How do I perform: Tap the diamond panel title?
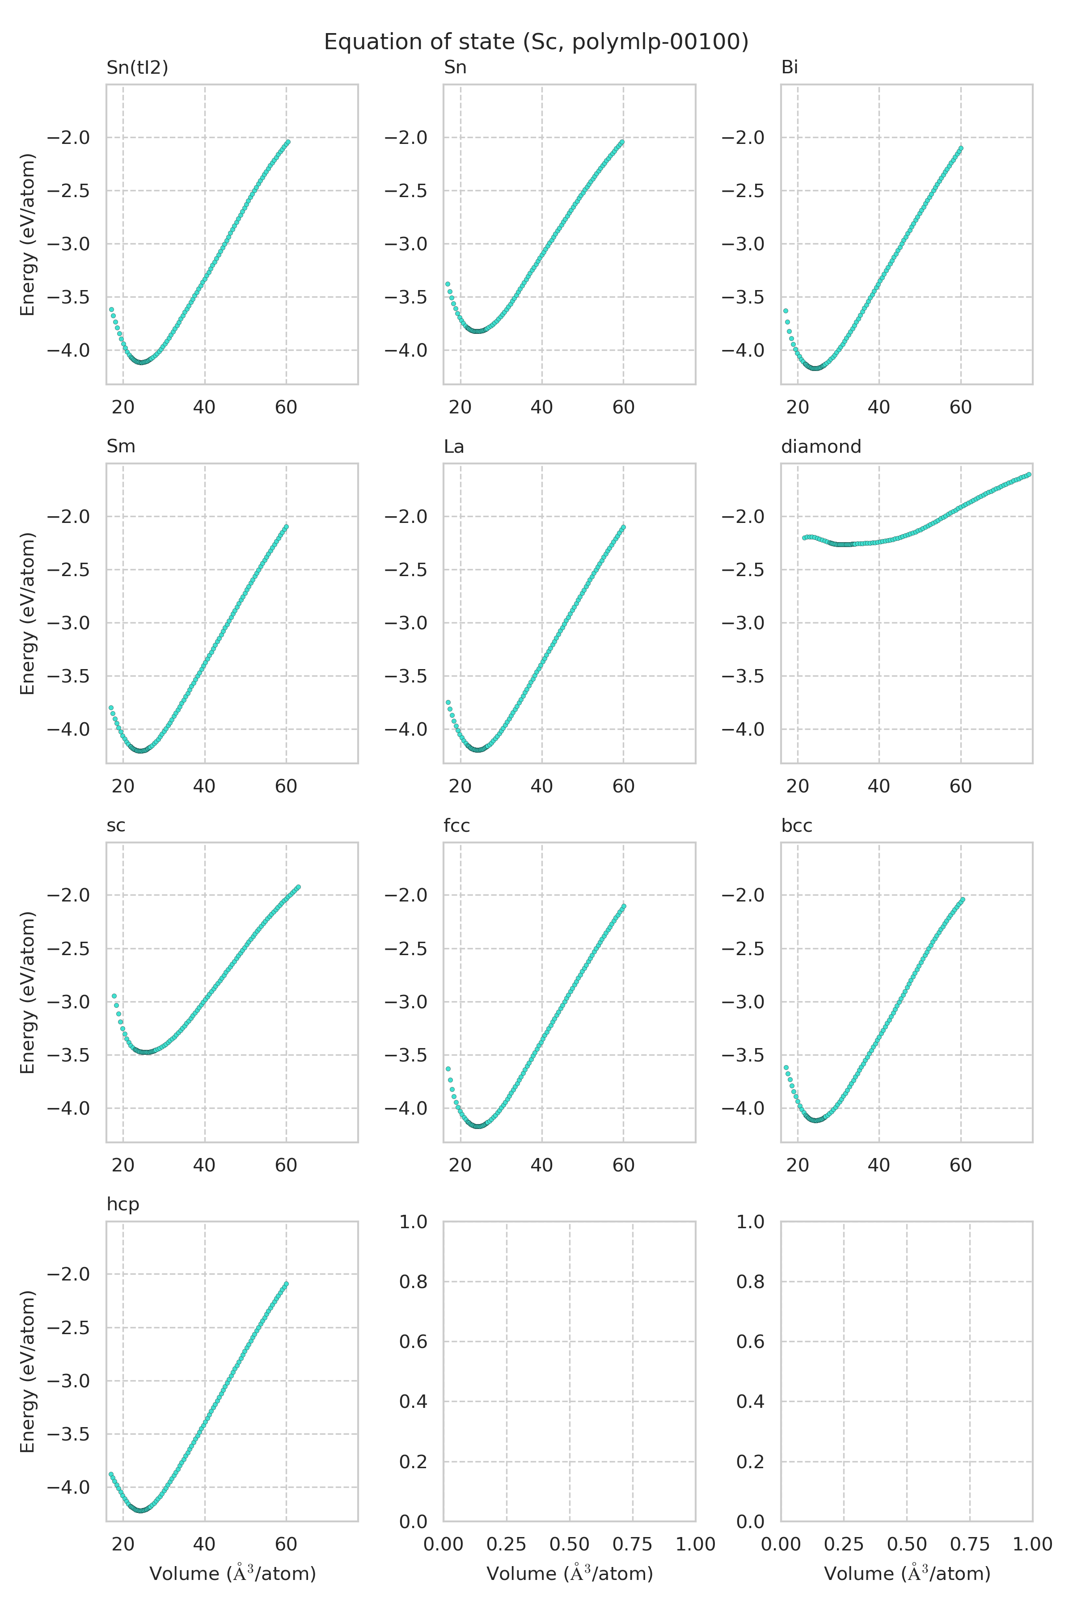(x=820, y=446)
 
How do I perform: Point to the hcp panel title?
(x=123, y=1204)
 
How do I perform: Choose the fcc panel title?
(x=456, y=825)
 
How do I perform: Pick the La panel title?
(x=454, y=446)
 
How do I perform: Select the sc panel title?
(x=116, y=825)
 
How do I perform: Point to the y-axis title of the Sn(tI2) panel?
(x=27, y=235)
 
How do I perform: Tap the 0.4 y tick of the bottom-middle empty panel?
(x=413, y=1401)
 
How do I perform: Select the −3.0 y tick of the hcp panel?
(x=68, y=1381)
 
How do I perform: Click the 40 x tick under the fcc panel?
(x=541, y=1165)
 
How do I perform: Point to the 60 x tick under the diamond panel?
(x=960, y=786)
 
